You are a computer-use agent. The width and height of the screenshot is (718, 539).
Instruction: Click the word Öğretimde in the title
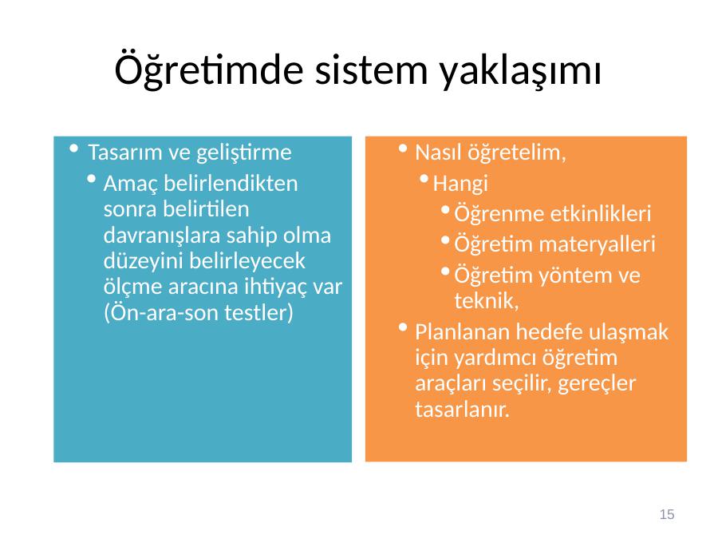pyautogui.click(x=209, y=69)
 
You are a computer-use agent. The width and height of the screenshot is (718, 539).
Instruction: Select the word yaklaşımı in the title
pyautogui.click(x=520, y=71)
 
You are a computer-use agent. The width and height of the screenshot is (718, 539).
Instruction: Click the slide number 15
pyautogui.click(x=667, y=514)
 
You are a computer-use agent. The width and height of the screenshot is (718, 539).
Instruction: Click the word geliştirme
pyautogui.click(x=244, y=153)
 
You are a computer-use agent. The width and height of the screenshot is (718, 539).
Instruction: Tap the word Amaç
pyautogui.click(x=131, y=184)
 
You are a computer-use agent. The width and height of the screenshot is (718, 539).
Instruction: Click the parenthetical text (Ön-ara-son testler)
pyautogui.click(x=199, y=313)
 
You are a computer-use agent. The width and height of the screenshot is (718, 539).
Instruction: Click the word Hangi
pyautogui.click(x=460, y=184)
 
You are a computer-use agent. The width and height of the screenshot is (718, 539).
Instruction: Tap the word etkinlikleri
pyautogui.click(x=600, y=213)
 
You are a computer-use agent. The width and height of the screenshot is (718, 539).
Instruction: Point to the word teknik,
pyautogui.click(x=487, y=301)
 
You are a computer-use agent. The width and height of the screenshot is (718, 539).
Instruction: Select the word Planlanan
pyautogui.click(x=463, y=332)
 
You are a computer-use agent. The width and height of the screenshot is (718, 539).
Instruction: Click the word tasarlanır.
pyautogui.click(x=463, y=409)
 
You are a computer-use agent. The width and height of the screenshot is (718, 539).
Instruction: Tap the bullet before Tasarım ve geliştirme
pyautogui.click(x=73, y=148)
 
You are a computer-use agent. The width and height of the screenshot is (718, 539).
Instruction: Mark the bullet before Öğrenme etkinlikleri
pyautogui.click(x=445, y=210)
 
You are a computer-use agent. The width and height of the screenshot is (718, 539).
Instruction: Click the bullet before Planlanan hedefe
pyautogui.click(x=403, y=327)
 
